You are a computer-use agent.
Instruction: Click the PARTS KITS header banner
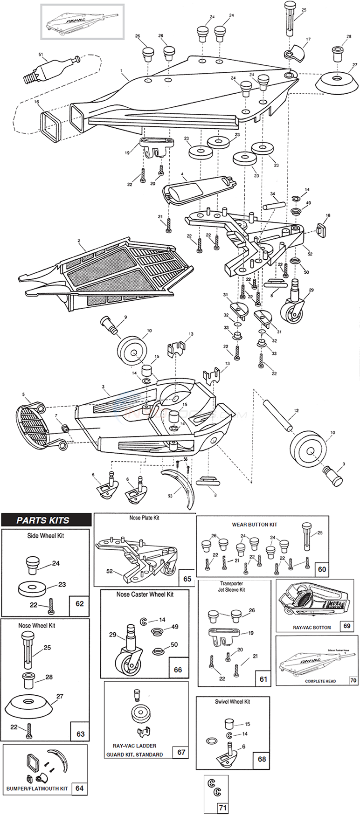[x=46, y=520]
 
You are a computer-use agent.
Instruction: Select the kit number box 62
[x=79, y=603]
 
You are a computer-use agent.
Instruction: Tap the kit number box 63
[x=80, y=733]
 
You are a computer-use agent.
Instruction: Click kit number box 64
[x=79, y=788]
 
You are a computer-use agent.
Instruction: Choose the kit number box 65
[x=187, y=579]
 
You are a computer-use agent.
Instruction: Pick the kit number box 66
[x=178, y=670]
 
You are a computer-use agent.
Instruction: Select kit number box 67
[x=181, y=752]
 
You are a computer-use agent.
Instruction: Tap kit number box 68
[x=262, y=759]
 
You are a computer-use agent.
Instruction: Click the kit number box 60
[x=322, y=569]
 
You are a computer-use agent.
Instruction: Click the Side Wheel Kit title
[x=45, y=536]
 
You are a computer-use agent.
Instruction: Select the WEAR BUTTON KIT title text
[x=254, y=525]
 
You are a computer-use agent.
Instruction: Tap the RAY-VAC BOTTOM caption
[x=312, y=627]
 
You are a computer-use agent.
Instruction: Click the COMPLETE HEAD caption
[x=320, y=681]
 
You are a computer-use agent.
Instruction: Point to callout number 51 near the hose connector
[x=41, y=55]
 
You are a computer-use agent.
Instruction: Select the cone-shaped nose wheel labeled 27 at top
[x=335, y=83]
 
